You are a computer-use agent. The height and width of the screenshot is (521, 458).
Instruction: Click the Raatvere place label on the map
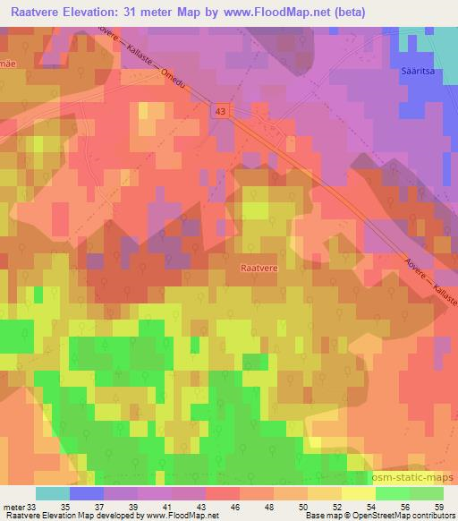point(259,267)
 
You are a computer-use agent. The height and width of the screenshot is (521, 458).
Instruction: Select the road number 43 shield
point(220,109)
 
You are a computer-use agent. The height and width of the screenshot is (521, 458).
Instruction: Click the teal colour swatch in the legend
point(53,493)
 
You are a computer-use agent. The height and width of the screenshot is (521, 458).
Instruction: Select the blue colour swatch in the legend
point(87,493)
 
